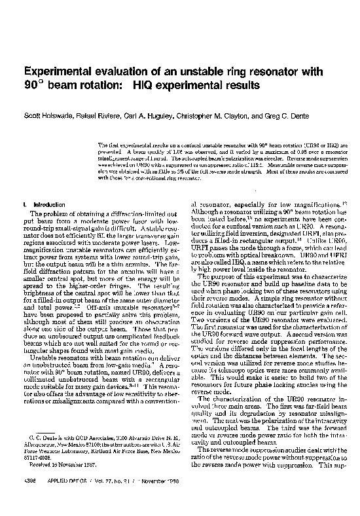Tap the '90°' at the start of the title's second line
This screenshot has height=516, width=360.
[x=33, y=86]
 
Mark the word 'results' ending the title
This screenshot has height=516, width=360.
[x=242, y=86]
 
